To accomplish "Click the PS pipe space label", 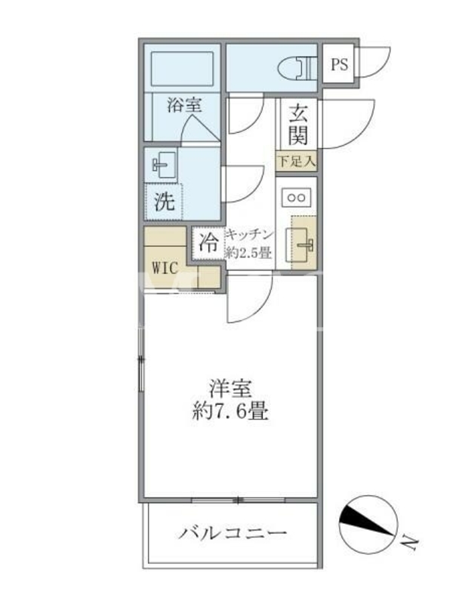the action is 339,64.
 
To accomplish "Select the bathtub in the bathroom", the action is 182,69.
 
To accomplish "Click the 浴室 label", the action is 184,105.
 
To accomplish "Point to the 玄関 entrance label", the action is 298,125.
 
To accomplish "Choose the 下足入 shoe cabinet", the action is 297,161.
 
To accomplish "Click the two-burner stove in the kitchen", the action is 297,198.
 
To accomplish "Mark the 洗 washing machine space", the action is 164,202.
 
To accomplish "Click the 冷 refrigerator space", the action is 208,243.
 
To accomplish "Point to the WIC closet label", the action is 165,268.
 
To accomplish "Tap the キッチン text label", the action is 250,234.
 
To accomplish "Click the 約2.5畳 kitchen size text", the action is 249,253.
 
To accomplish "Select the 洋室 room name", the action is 230,388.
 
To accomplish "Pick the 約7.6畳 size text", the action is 230,411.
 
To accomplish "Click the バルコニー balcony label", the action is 233,533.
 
